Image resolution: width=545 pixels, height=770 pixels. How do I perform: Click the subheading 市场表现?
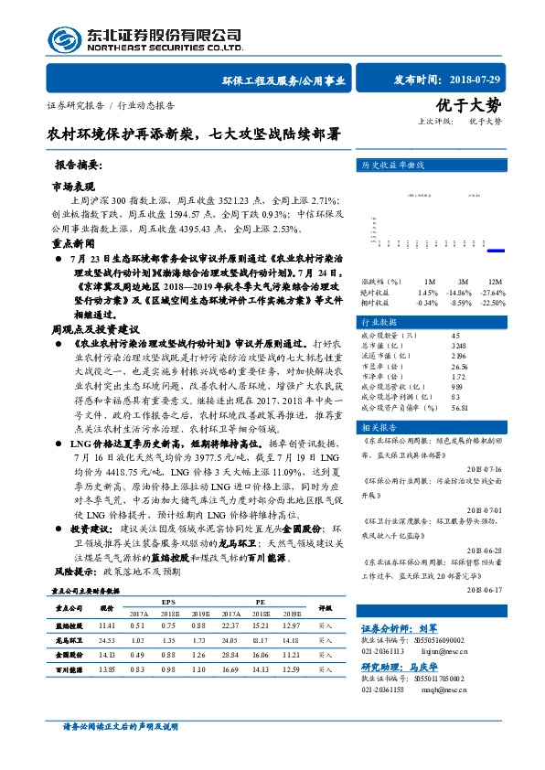point(72,185)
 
